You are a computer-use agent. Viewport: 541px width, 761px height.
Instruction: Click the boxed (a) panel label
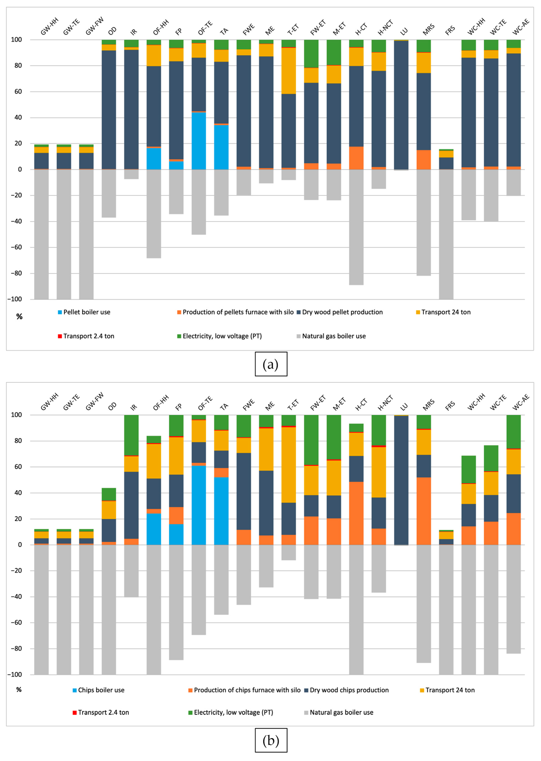click(x=271, y=364)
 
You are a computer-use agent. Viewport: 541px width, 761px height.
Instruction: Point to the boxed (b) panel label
click(x=271, y=740)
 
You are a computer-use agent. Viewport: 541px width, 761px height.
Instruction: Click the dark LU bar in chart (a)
click(x=401, y=105)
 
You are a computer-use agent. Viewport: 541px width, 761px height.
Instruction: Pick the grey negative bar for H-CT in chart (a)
click(x=356, y=227)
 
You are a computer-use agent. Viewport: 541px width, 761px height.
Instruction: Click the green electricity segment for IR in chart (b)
click(x=131, y=435)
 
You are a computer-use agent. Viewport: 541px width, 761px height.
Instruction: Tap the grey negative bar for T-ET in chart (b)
click(x=288, y=552)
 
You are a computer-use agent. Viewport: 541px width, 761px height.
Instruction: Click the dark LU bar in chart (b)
click(x=401, y=480)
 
